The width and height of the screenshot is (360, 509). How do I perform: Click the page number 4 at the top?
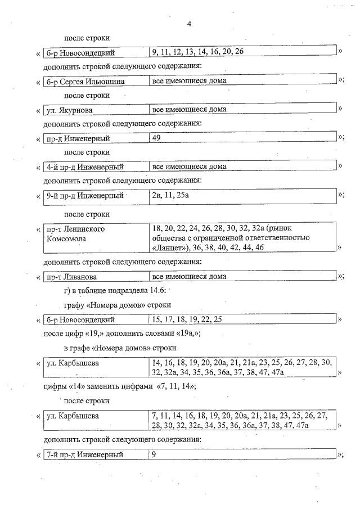189,24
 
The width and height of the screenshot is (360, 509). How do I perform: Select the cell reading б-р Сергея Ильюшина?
85,81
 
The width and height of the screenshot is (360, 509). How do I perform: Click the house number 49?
157,138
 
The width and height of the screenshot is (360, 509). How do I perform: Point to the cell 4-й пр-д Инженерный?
85,166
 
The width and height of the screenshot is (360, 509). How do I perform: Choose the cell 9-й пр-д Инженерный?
85,196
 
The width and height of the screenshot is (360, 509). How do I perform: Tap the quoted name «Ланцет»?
171,247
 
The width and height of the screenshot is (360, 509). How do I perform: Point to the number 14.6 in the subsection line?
156,290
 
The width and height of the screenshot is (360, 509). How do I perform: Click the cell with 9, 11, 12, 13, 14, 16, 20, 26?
197,52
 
